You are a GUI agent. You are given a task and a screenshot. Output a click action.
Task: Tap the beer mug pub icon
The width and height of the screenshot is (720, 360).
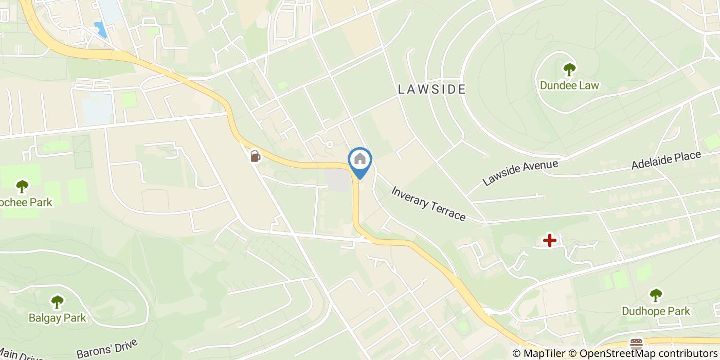pos(255,156)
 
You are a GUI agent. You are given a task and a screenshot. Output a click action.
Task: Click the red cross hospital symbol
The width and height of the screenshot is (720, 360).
pos(550,240)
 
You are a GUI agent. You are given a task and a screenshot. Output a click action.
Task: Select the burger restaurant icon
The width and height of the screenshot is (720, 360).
pos(636,344)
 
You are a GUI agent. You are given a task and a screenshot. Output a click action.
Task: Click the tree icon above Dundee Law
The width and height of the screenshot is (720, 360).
pos(569,69)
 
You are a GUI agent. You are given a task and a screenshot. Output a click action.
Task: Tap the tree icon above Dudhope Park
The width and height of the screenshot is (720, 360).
pos(655,295)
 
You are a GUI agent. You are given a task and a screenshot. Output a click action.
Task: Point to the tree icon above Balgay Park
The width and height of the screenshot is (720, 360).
pos(57,302)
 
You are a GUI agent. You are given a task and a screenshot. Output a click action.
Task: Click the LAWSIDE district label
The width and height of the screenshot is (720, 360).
pos(432,89)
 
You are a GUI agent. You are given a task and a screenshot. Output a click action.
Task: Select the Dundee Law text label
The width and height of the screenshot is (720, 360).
pos(569,85)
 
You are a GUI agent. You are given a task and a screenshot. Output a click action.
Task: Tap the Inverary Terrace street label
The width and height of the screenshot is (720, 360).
pos(428,204)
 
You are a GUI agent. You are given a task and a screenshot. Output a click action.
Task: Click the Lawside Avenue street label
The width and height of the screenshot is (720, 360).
pos(520,173)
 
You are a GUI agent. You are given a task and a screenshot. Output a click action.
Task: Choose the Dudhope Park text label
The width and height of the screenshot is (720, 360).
pos(656,311)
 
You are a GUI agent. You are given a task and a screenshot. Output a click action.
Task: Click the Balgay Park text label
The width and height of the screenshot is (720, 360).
pos(58,318)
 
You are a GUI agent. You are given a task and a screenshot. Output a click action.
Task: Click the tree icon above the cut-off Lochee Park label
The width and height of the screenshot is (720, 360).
pos(22,186)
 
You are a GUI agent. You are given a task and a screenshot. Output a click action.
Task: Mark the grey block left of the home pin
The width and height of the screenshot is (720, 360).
pos(337,181)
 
